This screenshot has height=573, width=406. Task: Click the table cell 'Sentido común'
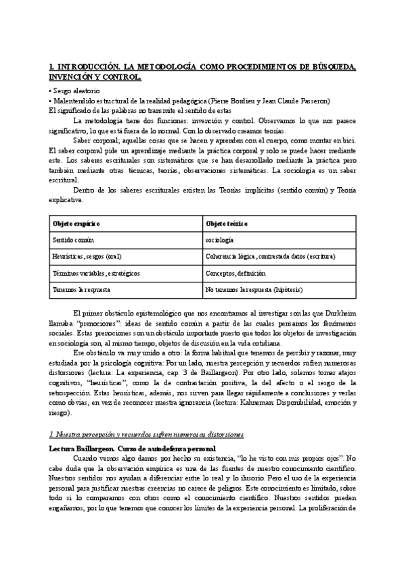coord(73,240)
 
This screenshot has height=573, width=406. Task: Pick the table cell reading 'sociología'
coord(220,240)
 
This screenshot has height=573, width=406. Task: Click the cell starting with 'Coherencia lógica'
coord(270,257)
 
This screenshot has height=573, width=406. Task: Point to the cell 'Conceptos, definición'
coord(236,273)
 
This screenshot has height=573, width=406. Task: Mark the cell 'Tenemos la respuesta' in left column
coord(81,289)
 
